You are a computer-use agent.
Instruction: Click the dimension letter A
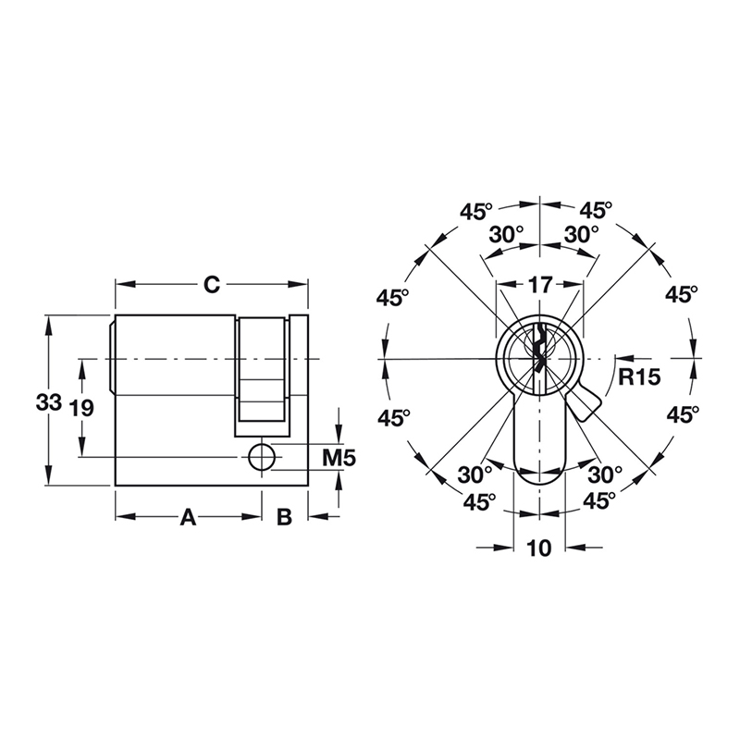pos(188,517)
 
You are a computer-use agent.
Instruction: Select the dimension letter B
pos(285,517)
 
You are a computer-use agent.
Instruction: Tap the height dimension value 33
pos(48,402)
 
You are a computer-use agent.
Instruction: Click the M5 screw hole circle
pos(262,456)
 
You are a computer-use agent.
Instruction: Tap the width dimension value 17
pos(538,286)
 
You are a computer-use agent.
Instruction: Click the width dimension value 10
pos(538,549)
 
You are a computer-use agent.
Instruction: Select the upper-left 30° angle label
pos(506,235)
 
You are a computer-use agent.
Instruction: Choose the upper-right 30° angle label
pos(582,235)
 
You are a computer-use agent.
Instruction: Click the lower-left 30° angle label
pos(475,475)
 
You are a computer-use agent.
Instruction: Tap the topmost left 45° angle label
pos(477,210)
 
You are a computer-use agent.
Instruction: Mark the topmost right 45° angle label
pos(597,210)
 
